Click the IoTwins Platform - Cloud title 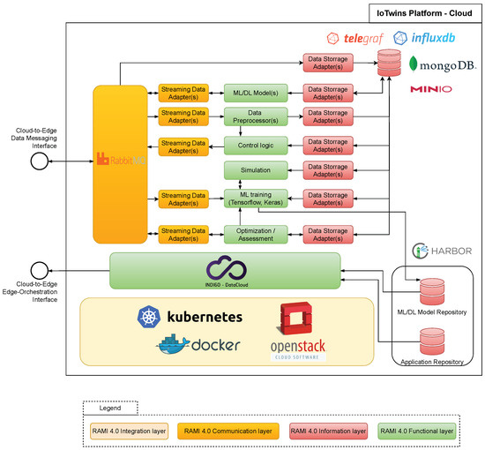[x=423, y=12]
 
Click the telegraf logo [x=354, y=39]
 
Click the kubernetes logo [x=190, y=317]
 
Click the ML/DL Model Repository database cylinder [x=432, y=291]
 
